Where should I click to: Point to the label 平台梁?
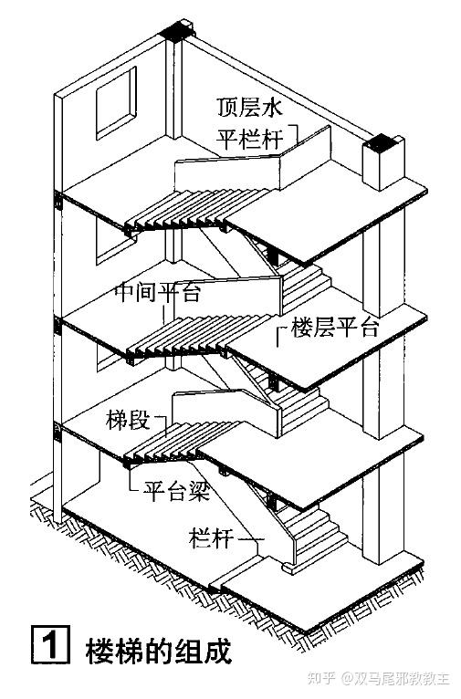(176, 492)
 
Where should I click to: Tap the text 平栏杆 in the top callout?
(250, 139)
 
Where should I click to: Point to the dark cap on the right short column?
(381, 144)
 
